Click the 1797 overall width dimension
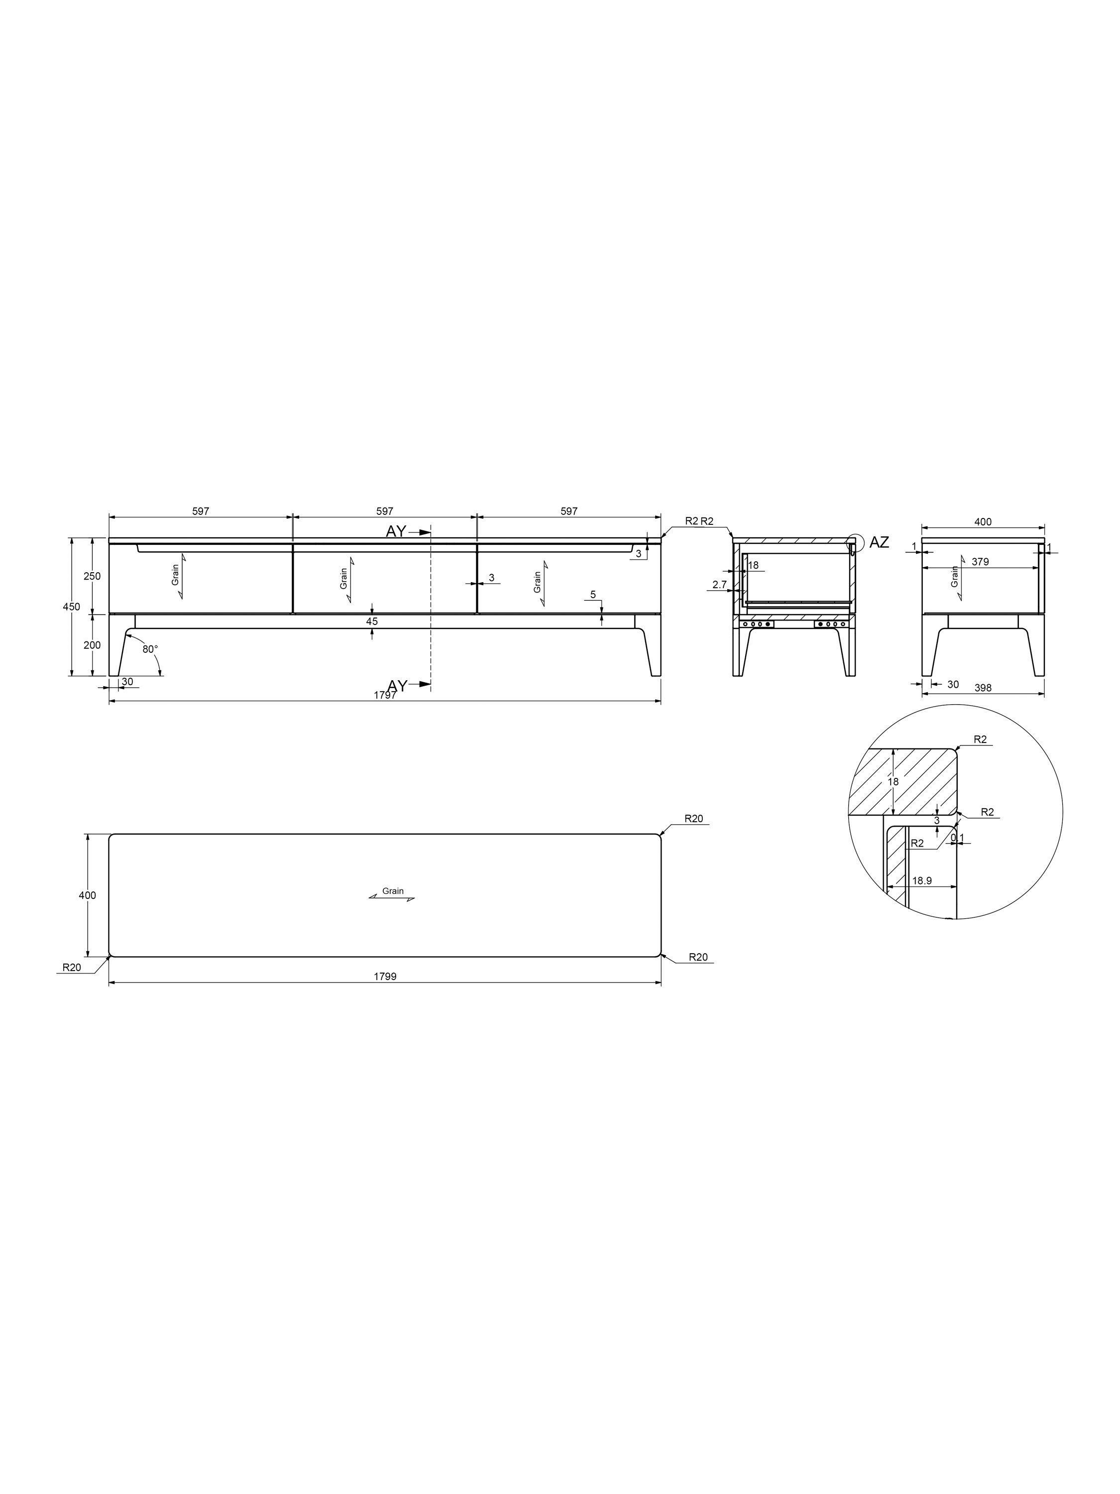coord(385,696)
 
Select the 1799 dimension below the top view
coord(385,977)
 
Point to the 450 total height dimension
coord(72,607)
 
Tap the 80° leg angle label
coord(150,649)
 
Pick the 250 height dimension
coord(92,576)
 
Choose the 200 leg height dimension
coord(92,645)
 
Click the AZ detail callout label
coord(879,542)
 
